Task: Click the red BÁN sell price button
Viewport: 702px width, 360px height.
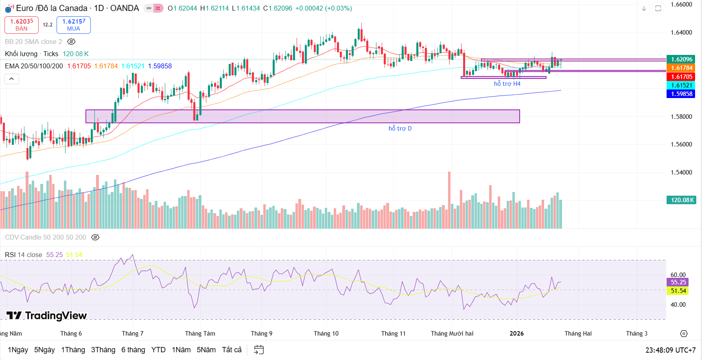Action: [22, 25]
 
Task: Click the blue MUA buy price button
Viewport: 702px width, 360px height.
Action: [74, 25]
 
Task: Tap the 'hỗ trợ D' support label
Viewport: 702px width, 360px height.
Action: [400, 129]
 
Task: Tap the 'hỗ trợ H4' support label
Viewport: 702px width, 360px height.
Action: [507, 84]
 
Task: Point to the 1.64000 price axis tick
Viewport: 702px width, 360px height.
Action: [681, 33]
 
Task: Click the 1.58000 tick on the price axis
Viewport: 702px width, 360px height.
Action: [681, 117]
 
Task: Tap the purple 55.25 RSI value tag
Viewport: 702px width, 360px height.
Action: [678, 282]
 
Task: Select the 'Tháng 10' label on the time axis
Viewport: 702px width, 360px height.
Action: [326, 334]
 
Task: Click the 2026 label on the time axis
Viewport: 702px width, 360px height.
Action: [516, 334]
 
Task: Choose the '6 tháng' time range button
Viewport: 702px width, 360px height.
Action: [133, 350]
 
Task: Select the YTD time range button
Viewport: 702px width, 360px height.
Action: [158, 350]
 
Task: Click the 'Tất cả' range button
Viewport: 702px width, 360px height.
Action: [232, 350]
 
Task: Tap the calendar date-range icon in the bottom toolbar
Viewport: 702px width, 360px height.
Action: [259, 350]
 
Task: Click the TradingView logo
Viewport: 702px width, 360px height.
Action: [47, 316]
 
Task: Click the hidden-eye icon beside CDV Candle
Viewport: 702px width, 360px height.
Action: [95, 237]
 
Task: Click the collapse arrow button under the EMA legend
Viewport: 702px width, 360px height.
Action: [12, 79]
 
